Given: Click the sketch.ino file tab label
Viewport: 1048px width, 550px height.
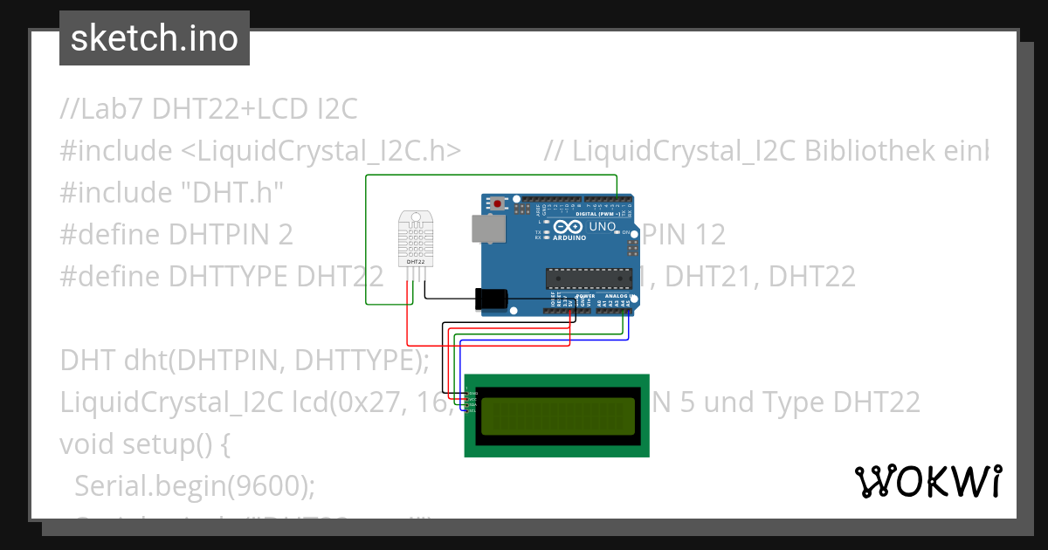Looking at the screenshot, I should (x=155, y=38).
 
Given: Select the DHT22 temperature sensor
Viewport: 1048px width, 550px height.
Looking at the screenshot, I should (x=416, y=237).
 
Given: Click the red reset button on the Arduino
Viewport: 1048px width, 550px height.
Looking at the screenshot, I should (x=498, y=204).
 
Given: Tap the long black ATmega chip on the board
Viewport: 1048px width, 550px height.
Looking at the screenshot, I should (x=588, y=278).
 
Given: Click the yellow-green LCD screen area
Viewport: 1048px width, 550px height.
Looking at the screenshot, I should (x=557, y=415).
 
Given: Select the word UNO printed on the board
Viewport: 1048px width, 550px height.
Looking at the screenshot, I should (x=603, y=226).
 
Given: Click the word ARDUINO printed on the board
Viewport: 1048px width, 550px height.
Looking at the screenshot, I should (x=570, y=237).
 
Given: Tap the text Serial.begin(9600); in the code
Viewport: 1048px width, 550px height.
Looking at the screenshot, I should (x=195, y=485).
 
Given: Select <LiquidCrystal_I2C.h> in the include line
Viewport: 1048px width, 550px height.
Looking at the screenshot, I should (x=321, y=151).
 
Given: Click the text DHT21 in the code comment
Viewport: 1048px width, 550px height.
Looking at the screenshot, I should (x=713, y=277).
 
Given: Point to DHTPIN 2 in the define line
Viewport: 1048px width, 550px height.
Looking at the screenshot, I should (x=231, y=234).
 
